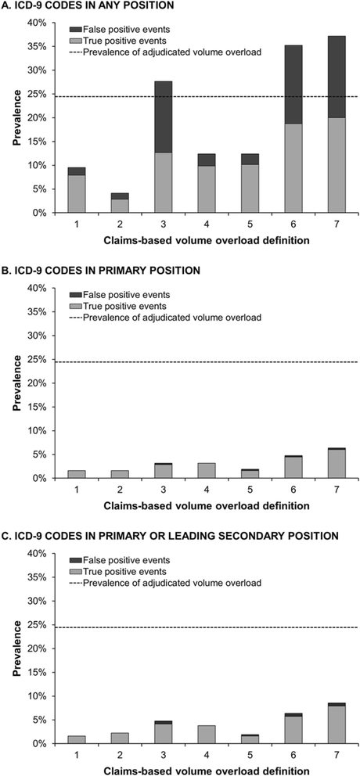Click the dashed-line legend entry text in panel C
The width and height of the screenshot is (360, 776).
[x=172, y=583]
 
